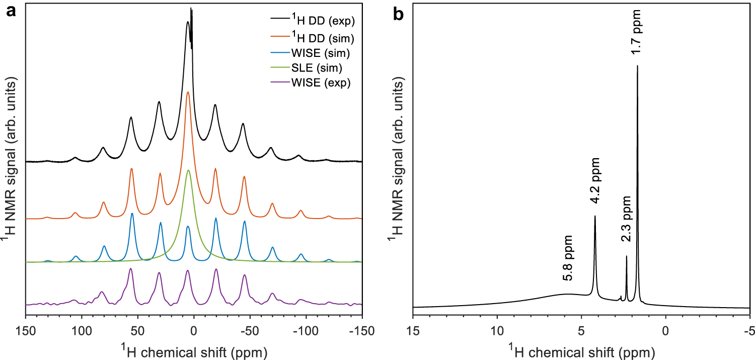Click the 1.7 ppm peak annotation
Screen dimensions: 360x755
(x=637, y=37)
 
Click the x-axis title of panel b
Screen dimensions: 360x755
(x=581, y=349)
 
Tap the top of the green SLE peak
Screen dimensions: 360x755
(x=188, y=170)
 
